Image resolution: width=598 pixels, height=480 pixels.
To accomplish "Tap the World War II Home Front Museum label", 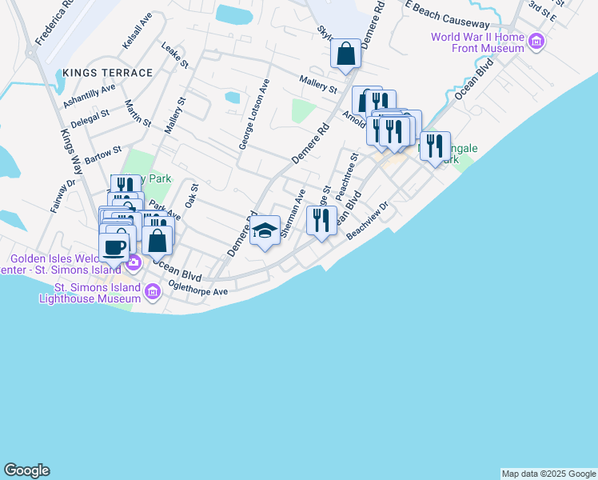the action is tap(477, 42).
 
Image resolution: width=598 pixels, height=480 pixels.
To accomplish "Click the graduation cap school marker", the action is tap(265, 231).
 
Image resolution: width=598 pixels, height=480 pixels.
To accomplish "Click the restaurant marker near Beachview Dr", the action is tap(321, 220).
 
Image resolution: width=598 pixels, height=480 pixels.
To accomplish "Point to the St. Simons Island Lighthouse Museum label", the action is tap(91, 293).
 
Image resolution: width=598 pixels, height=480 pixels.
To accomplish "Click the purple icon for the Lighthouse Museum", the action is tap(153, 293).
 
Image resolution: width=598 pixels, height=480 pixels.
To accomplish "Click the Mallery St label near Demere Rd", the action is tap(318, 83).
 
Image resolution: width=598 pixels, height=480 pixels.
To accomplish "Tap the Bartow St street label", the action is tap(102, 154).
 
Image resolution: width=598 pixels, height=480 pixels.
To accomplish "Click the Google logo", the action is tap(26, 470).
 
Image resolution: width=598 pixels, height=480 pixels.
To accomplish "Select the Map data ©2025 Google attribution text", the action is tap(548, 474).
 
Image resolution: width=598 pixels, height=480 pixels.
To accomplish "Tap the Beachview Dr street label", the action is tap(367, 221).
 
